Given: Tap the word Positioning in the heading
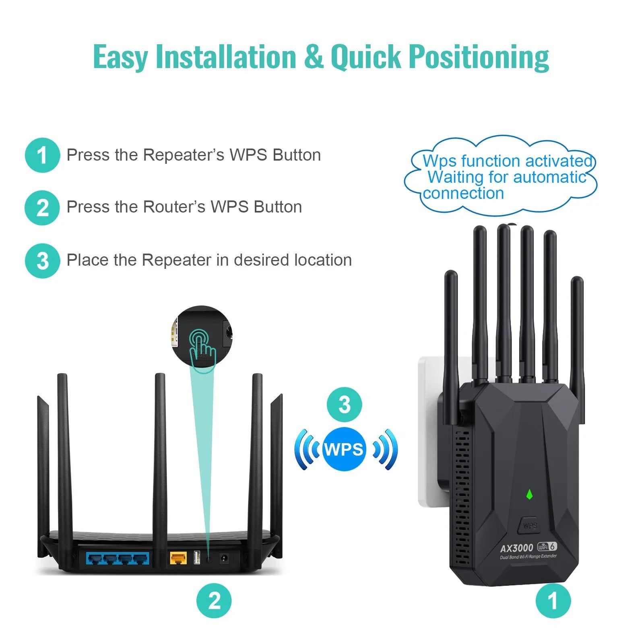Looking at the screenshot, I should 479,57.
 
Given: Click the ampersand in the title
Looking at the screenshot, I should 314,57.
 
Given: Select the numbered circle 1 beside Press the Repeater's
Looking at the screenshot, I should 42,155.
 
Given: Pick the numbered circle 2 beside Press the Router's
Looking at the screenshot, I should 42,208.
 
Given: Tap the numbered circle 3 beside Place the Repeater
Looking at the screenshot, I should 42,261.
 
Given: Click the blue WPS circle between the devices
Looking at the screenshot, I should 344,449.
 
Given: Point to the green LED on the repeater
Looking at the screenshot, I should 529,494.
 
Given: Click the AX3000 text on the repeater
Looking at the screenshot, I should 516,548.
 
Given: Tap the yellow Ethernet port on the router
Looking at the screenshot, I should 178,558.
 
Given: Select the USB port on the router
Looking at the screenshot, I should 197,557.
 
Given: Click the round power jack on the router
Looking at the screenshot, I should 224,558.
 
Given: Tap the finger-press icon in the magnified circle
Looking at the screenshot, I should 202,348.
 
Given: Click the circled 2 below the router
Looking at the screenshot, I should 214,601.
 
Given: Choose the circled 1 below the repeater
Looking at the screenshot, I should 553,601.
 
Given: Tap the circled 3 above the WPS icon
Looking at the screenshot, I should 344,405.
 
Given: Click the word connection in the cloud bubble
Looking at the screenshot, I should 463,194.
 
